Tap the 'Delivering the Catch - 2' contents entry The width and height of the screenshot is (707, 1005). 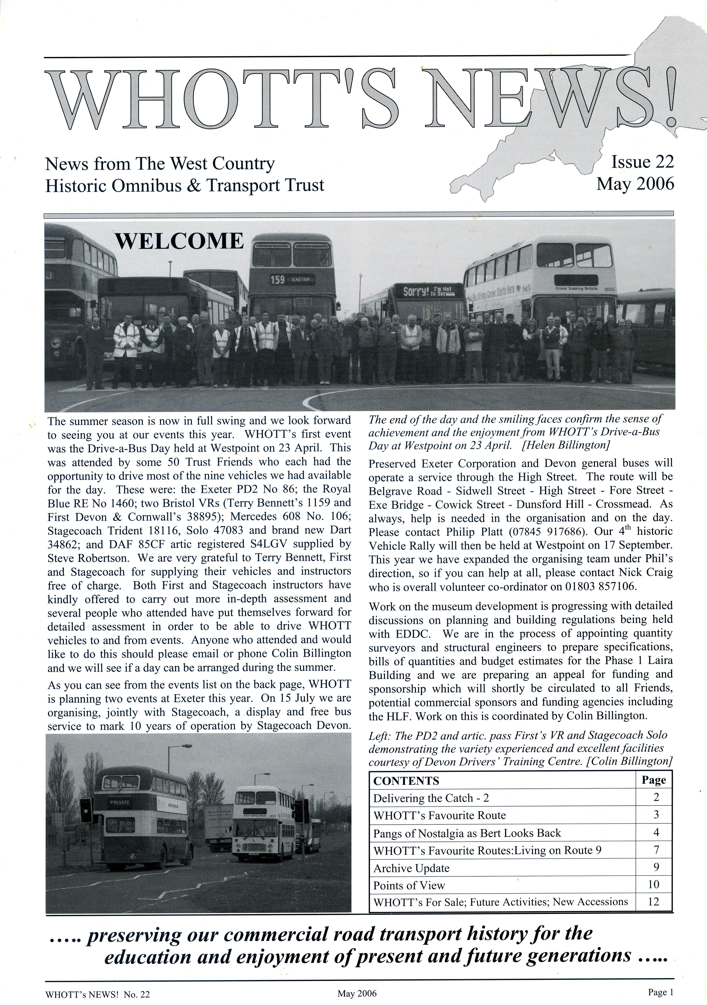[x=431, y=798]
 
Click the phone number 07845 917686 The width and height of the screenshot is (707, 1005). [x=570, y=532]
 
